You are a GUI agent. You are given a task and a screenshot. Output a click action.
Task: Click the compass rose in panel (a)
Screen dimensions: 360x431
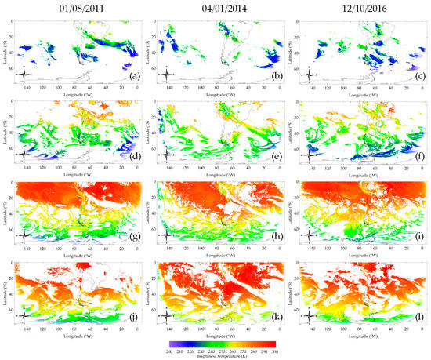(24, 75)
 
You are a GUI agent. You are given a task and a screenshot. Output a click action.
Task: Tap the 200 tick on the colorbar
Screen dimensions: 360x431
(169, 351)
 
